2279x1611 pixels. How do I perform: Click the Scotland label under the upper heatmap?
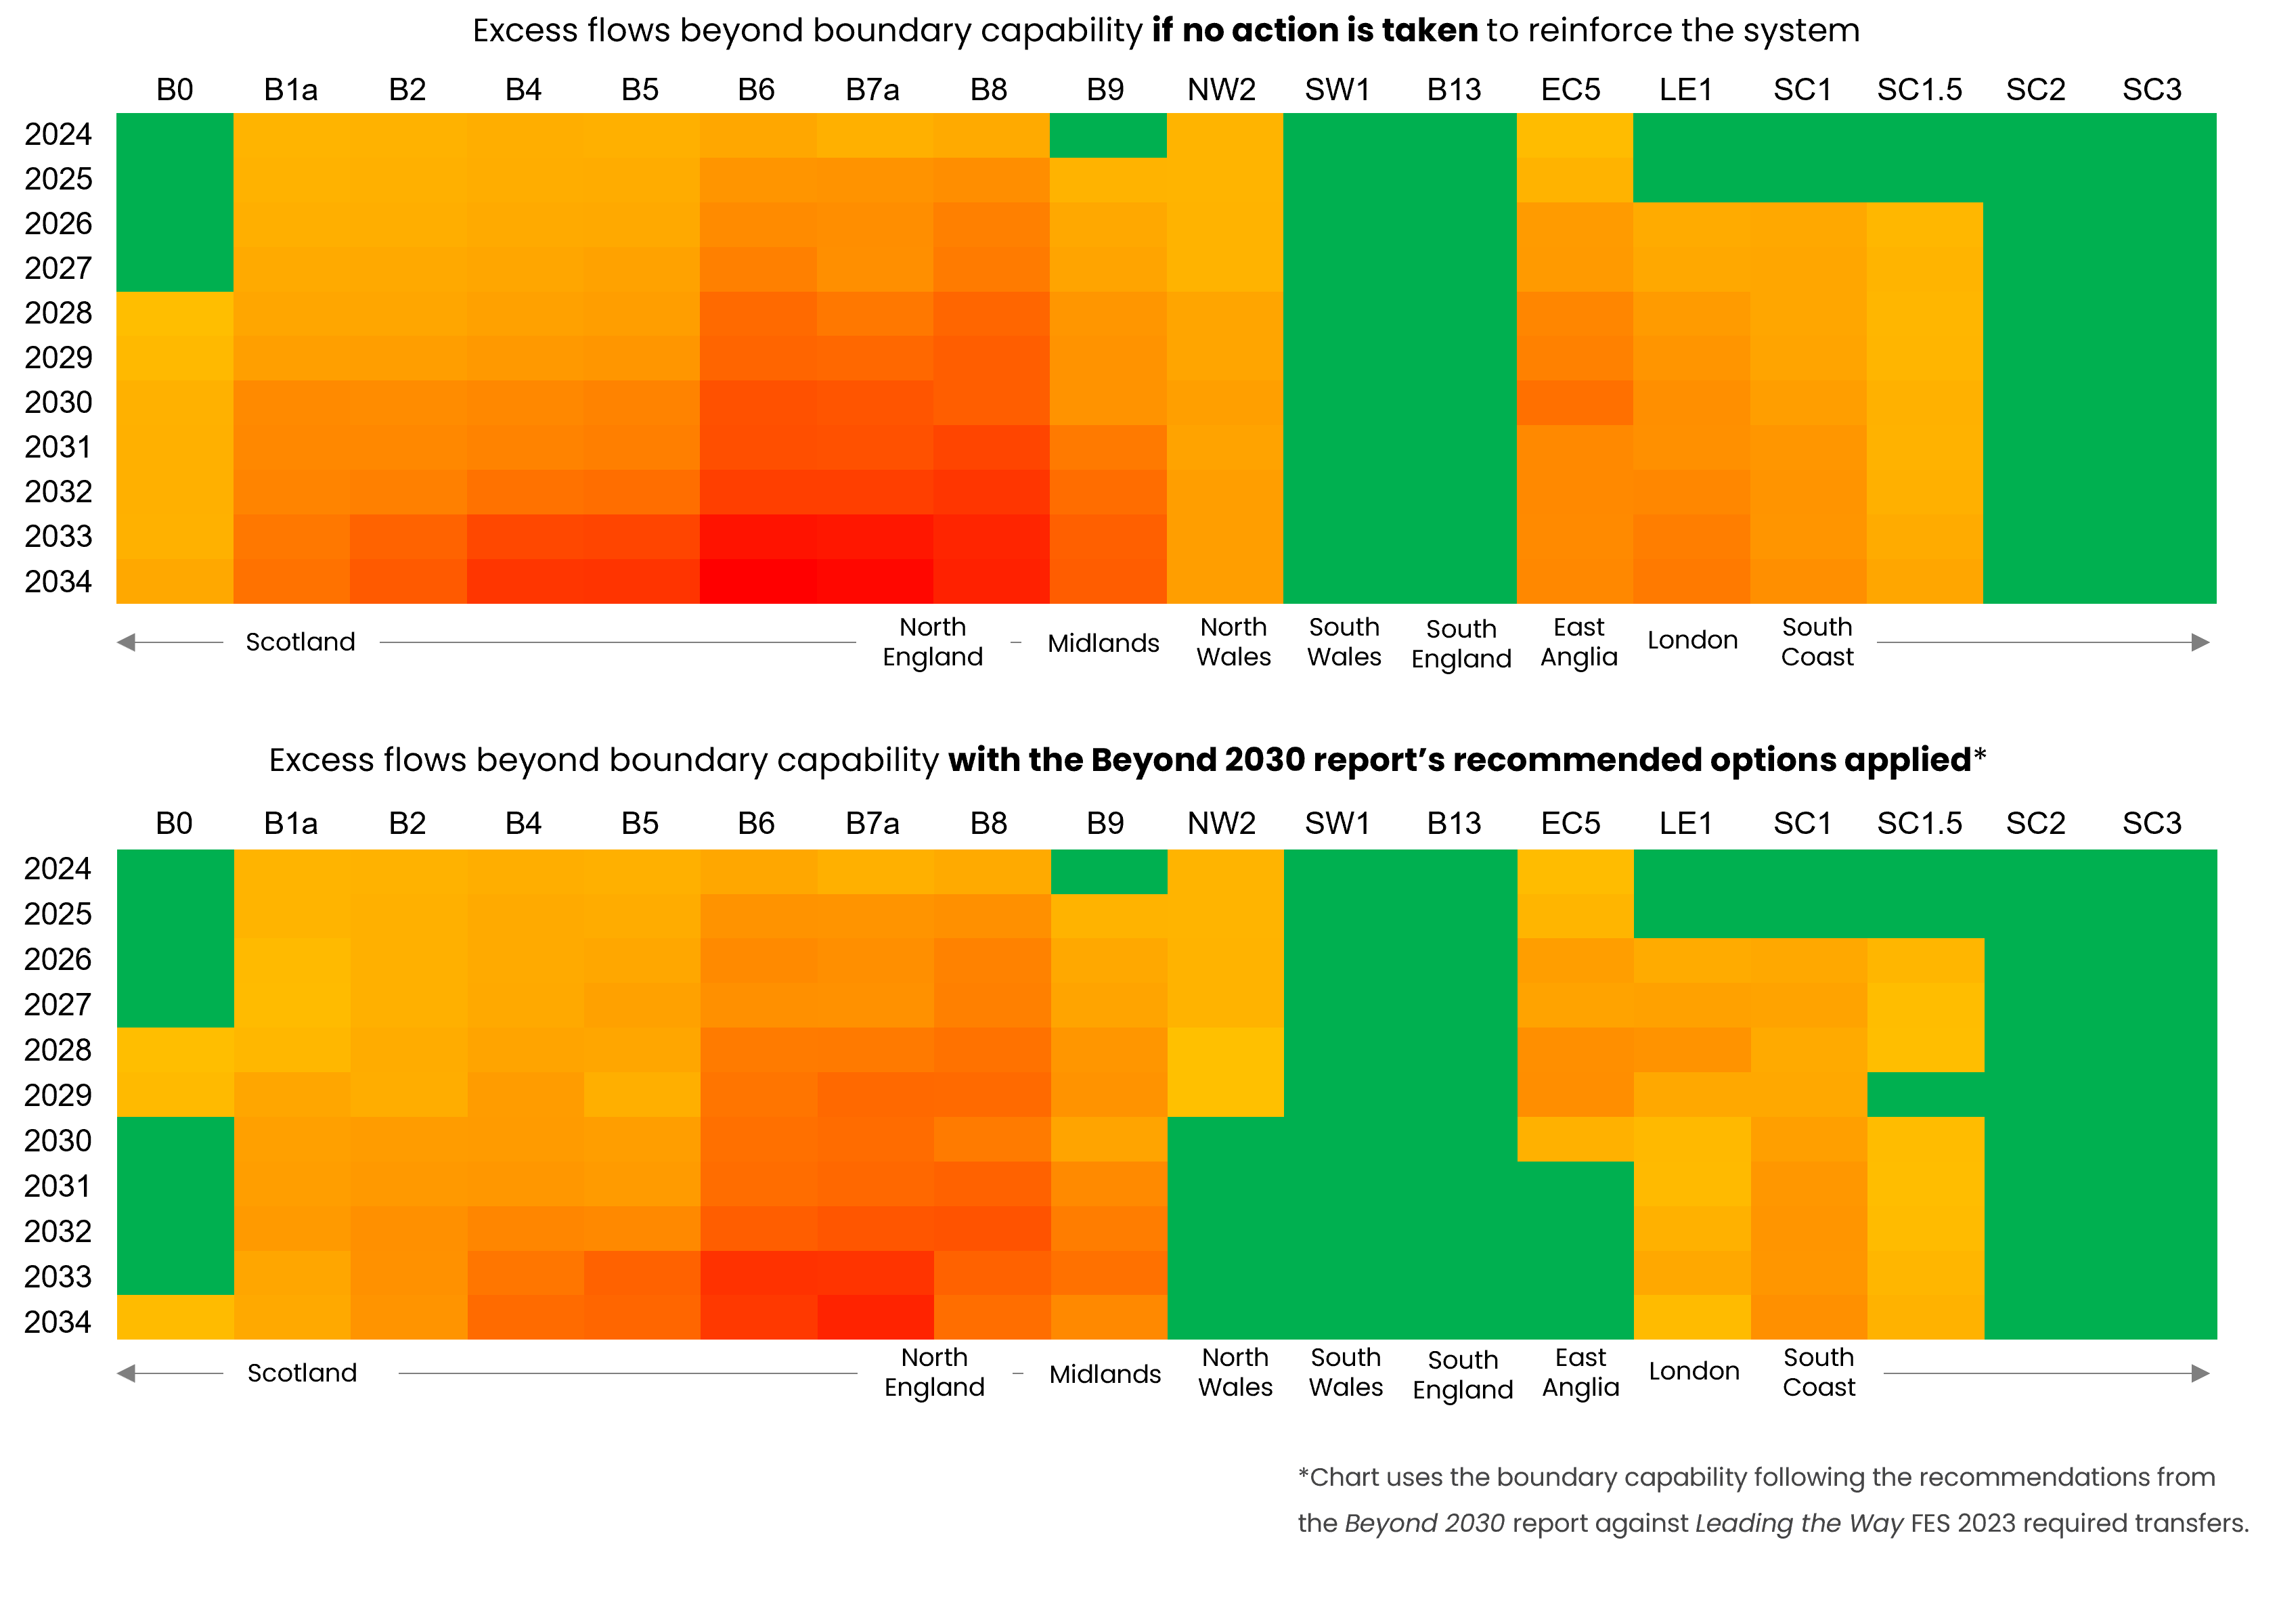pos(301,642)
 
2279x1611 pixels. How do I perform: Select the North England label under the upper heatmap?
pos(932,642)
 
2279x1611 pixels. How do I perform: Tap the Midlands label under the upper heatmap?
pos(1103,643)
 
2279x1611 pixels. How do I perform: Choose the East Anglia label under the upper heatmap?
pos(1578,642)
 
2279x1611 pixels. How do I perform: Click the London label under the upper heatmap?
pos(1692,640)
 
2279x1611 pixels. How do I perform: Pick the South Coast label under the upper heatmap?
pos(1817,642)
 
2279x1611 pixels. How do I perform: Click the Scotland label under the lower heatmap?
pos(302,1373)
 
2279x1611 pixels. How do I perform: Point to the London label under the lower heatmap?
pos(1694,1371)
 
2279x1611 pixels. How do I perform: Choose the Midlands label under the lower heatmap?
pos(1105,1374)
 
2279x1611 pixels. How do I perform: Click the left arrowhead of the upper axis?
pos(126,642)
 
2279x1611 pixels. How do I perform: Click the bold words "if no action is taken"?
pos(1314,30)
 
